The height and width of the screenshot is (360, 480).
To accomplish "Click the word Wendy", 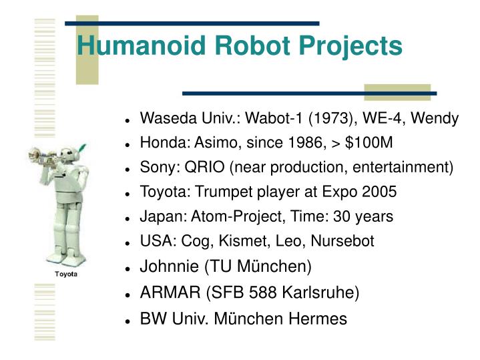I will pyautogui.click(x=435, y=120).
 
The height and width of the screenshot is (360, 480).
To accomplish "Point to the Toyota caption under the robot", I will pyautogui.click(x=65, y=275).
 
